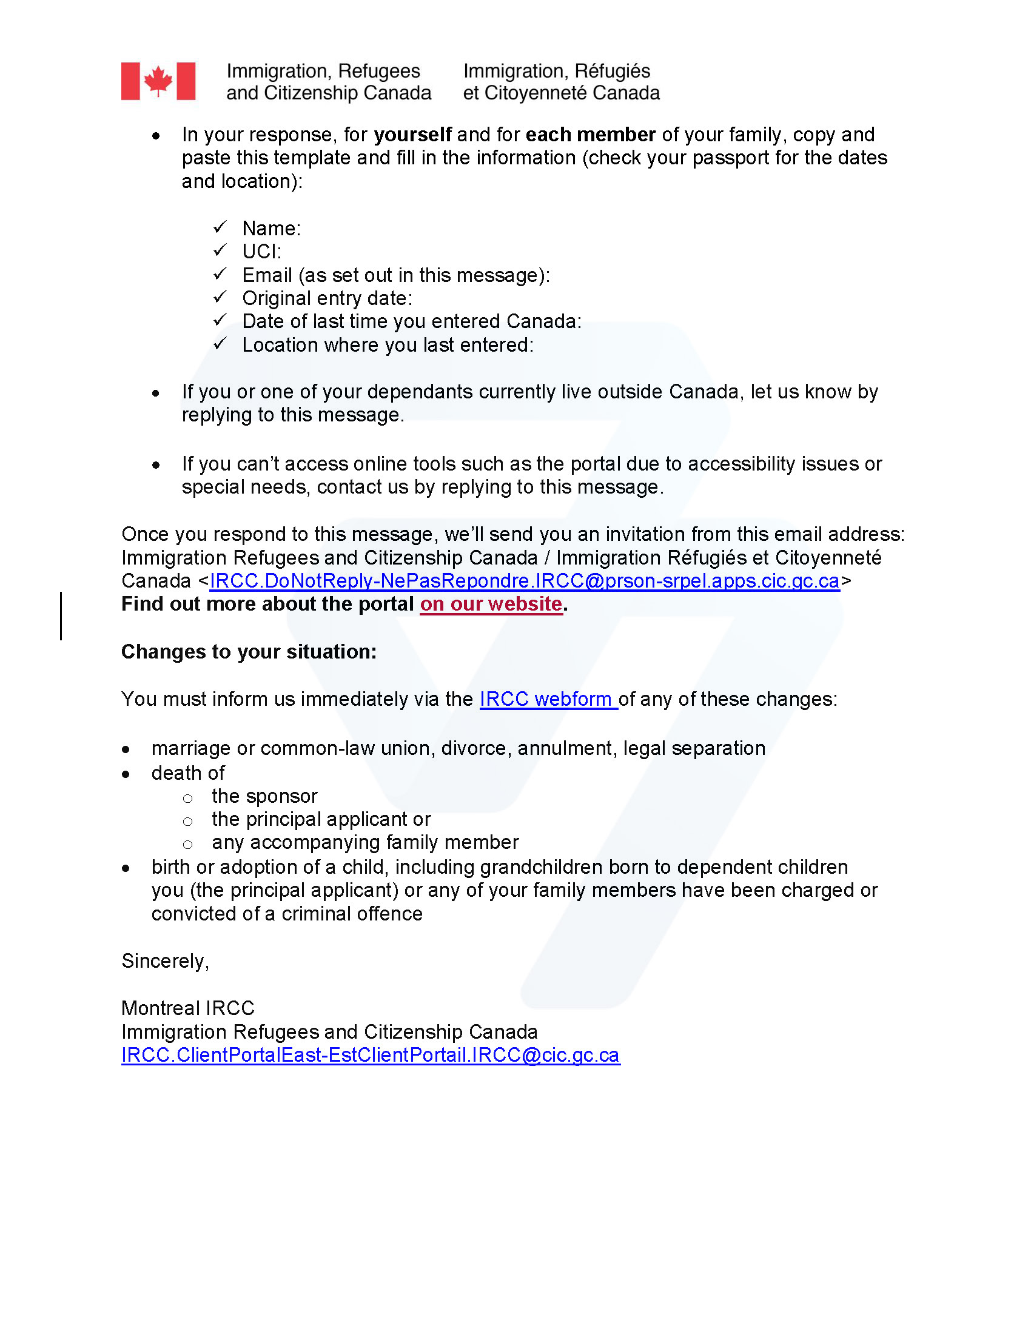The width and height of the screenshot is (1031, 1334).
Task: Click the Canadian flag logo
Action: (158, 81)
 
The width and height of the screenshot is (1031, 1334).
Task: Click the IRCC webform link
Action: (547, 699)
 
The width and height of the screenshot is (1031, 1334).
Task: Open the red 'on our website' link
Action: (491, 604)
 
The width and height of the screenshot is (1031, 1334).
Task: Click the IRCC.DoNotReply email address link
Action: (524, 581)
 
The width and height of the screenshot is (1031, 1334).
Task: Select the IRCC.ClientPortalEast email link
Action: (371, 1055)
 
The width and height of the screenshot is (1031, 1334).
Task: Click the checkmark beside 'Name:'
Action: (220, 228)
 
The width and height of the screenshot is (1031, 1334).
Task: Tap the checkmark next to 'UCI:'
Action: (220, 251)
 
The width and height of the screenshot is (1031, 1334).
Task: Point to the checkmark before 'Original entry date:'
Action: (220, 298)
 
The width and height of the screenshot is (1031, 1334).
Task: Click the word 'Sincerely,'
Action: (166, 961)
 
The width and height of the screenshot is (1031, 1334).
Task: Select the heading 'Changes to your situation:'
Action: (249, 652)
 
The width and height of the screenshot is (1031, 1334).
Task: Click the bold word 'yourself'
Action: (412, 135)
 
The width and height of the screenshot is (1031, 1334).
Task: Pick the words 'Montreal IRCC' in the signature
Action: (187, 1008)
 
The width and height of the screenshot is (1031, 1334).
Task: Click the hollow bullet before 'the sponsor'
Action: (188, 799)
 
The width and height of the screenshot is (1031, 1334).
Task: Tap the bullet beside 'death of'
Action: (126, 774)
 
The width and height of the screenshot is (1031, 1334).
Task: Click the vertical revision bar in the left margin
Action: (61, 615)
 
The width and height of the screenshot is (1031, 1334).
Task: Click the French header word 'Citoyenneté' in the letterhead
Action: (536, 93)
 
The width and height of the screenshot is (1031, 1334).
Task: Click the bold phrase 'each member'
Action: (591, 135)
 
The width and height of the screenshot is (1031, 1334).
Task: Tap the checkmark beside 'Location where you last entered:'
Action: (220, 344)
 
